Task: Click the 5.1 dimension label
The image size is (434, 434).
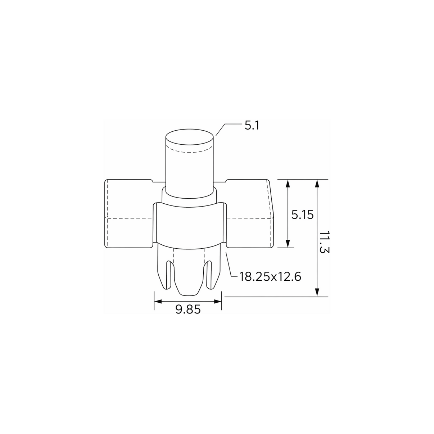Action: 252,126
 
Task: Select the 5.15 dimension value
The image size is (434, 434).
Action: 303,215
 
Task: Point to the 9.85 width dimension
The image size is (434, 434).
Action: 188,309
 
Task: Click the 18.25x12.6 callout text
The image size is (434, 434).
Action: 270,276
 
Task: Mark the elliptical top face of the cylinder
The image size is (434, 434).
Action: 189,137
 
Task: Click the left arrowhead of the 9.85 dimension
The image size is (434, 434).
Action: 158,301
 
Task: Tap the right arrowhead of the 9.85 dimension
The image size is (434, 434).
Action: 218,301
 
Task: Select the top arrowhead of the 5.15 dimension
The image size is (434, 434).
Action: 288,183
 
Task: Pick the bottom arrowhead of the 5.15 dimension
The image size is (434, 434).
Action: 288,244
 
